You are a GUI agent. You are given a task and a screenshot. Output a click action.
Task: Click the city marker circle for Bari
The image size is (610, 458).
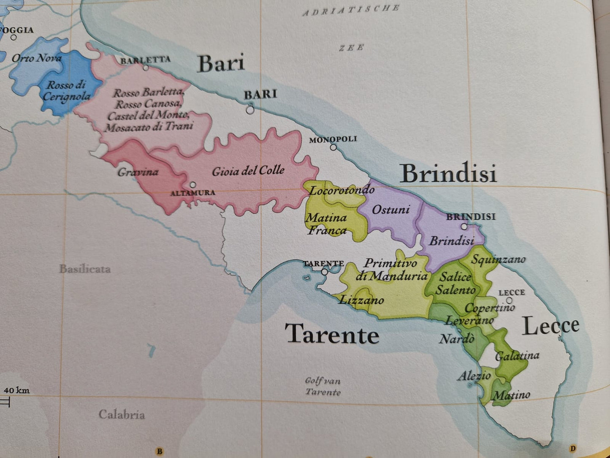coord(250,110)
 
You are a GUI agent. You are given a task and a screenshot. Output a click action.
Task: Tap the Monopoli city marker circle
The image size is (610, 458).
coord(333,147)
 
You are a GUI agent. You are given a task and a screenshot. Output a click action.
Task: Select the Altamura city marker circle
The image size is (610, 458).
coord(192,185)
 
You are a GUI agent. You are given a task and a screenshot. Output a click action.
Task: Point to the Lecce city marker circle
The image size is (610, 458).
coord(510,301)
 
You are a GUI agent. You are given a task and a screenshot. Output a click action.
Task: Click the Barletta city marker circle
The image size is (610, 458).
coord(146,68)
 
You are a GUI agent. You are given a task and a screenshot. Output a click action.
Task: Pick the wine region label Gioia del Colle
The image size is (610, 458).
coord(248,171)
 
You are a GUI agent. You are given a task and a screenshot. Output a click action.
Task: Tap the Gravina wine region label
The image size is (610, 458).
coord(138,172)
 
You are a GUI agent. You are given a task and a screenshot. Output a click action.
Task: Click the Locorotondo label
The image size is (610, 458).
coord(342,191)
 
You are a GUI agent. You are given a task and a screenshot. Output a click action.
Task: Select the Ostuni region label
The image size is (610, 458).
coord(390,210)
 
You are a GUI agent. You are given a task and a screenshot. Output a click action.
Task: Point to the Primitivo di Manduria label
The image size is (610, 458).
coord(391,270)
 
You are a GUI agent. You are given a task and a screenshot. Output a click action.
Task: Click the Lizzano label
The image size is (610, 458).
coord(361,300)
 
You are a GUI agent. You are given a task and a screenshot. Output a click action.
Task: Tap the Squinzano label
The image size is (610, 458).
coord(498,259)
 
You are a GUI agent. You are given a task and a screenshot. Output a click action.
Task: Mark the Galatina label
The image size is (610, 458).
coord(517,356)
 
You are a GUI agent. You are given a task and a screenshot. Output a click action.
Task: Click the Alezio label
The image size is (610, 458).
coord(474,376)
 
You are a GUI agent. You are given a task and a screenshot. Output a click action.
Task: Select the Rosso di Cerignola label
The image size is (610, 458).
coord(66,91)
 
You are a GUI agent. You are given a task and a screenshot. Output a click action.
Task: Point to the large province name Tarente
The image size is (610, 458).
coord(332,334)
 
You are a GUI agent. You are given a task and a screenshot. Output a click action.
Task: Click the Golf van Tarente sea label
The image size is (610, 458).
coord(323,386)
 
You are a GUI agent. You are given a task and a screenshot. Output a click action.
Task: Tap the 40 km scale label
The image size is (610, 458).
coord(16,390)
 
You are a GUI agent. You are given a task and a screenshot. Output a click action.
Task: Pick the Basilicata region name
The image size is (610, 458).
coord(85,269)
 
